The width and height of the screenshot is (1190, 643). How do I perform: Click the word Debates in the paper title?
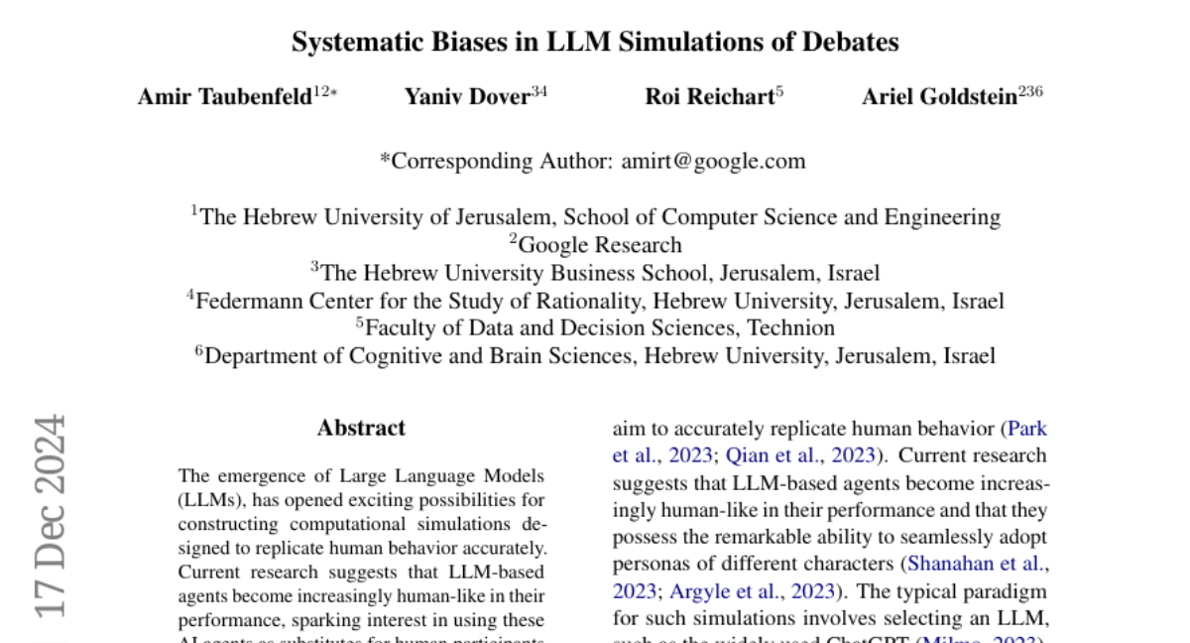click(852, 42)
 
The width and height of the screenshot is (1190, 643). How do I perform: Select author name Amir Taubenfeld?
click(224, 96)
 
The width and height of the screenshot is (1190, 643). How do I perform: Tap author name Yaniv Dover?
click(466, 96)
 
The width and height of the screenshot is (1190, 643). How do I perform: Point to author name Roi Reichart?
click(709, 96)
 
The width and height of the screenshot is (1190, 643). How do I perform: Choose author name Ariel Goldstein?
click(939, 96)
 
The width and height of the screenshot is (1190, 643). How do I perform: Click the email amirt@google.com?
click(713, 161)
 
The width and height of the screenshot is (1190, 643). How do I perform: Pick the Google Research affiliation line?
click(596, 245)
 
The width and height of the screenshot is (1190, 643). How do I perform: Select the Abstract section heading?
click(361, 429)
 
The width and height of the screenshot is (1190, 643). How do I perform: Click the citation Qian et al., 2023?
click(801, 455)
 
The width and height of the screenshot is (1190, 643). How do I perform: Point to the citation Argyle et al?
click(738, 591)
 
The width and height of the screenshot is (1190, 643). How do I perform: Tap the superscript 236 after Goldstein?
click(1030, 93)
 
